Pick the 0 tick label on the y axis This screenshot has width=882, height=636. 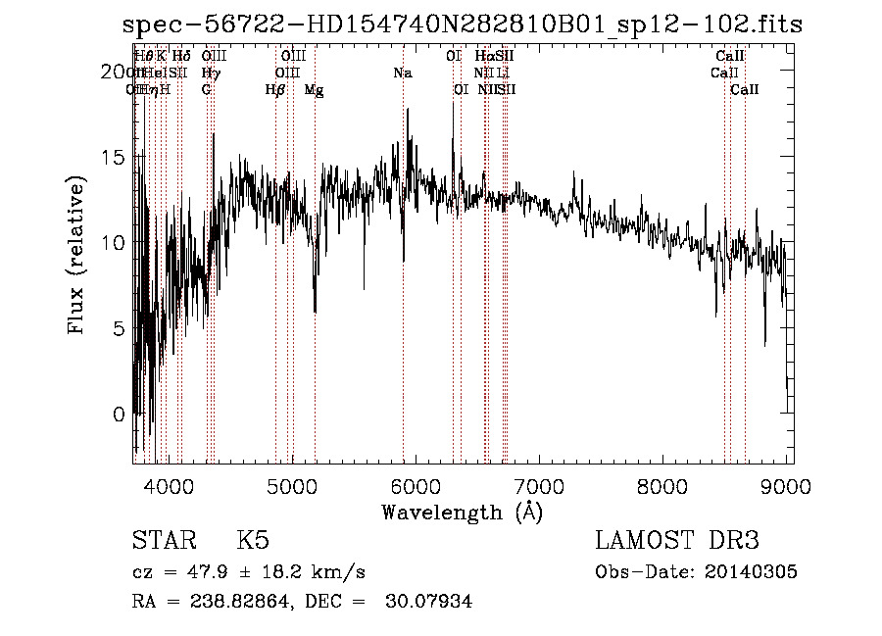[x=120, y=414]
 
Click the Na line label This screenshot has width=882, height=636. [x=403, y=73]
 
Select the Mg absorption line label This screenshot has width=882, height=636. [x=314, y=89]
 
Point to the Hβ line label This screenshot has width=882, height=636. [x=275, y=89]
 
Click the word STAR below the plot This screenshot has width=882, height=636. [x=163, y=541]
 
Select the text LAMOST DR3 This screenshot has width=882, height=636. [x=677, y=541]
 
